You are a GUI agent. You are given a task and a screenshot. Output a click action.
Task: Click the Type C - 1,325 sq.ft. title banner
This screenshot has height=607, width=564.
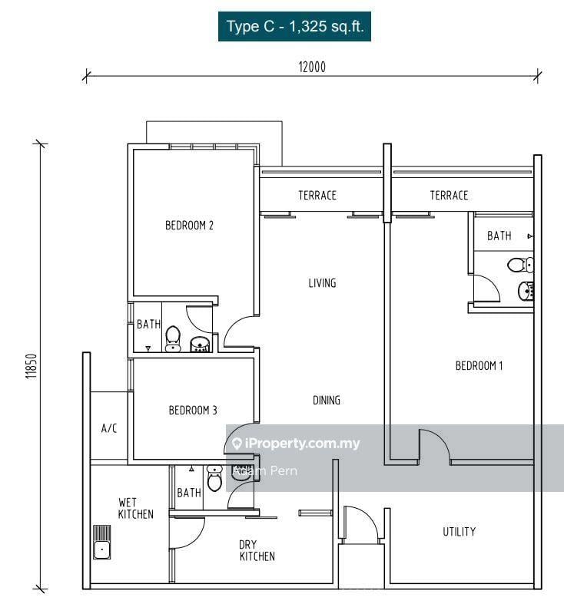294,27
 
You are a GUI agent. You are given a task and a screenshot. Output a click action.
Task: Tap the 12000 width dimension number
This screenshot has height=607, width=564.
313,67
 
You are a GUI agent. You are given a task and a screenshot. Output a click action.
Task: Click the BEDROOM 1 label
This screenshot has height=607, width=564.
479,366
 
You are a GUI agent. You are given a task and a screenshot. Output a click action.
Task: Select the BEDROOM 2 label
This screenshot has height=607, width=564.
189,226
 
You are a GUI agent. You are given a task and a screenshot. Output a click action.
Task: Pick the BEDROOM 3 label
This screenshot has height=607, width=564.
193,411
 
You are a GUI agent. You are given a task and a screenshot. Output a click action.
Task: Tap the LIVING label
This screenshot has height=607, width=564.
322,283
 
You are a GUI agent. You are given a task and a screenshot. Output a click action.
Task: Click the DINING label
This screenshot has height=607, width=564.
326,401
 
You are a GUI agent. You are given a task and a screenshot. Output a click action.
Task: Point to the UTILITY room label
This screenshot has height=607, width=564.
459,532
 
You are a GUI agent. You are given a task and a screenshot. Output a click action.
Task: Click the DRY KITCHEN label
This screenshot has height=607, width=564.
257,550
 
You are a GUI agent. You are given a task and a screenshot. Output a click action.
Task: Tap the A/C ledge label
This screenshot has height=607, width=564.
109,428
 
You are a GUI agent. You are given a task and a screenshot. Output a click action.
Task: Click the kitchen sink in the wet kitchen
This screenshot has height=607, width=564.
101,542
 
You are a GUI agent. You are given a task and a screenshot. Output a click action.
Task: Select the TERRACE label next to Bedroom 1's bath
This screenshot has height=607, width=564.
449,196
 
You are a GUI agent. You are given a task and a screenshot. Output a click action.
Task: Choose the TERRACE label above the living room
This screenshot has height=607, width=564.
317,196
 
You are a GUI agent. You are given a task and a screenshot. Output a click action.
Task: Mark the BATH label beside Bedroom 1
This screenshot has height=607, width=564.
499,236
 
